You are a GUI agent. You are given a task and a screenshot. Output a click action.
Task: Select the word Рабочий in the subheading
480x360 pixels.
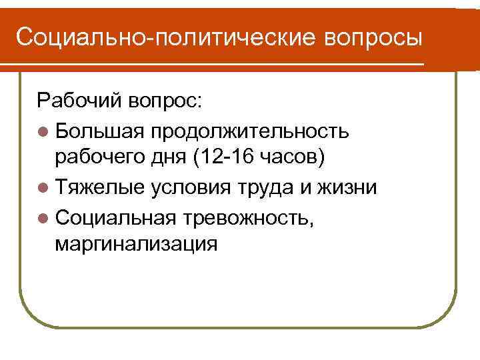pos(78,101)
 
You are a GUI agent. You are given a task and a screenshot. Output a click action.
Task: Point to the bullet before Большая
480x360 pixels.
pos(43,130)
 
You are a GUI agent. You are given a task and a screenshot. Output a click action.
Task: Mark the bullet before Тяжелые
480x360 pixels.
pos(43,188)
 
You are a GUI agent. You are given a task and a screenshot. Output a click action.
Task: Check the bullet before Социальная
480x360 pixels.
pos(43,217)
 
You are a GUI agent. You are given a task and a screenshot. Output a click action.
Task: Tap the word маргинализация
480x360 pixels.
pos(136,245)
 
